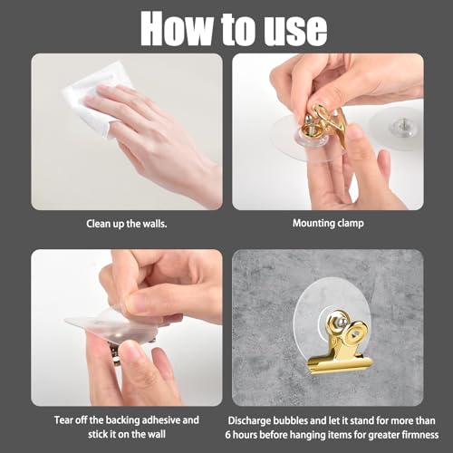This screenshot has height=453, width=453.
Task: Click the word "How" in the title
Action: click(x=178, y=29)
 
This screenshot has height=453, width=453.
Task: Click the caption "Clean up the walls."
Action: click(x=127, y=224)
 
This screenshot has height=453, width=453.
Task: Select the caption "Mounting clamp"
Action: click(x=328, y=224)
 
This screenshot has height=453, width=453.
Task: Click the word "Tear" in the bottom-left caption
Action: click(x=64, y=420)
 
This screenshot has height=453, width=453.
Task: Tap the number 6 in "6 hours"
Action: click(x=227, y=435)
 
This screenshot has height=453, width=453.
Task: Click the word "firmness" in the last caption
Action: click(x=420, y=435)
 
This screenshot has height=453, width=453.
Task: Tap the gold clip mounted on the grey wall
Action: click(x=342, y=342)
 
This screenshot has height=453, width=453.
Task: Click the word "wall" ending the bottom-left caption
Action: click(x=156, y=434)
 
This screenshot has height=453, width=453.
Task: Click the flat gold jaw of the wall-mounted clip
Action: click(x=341, y=365)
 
